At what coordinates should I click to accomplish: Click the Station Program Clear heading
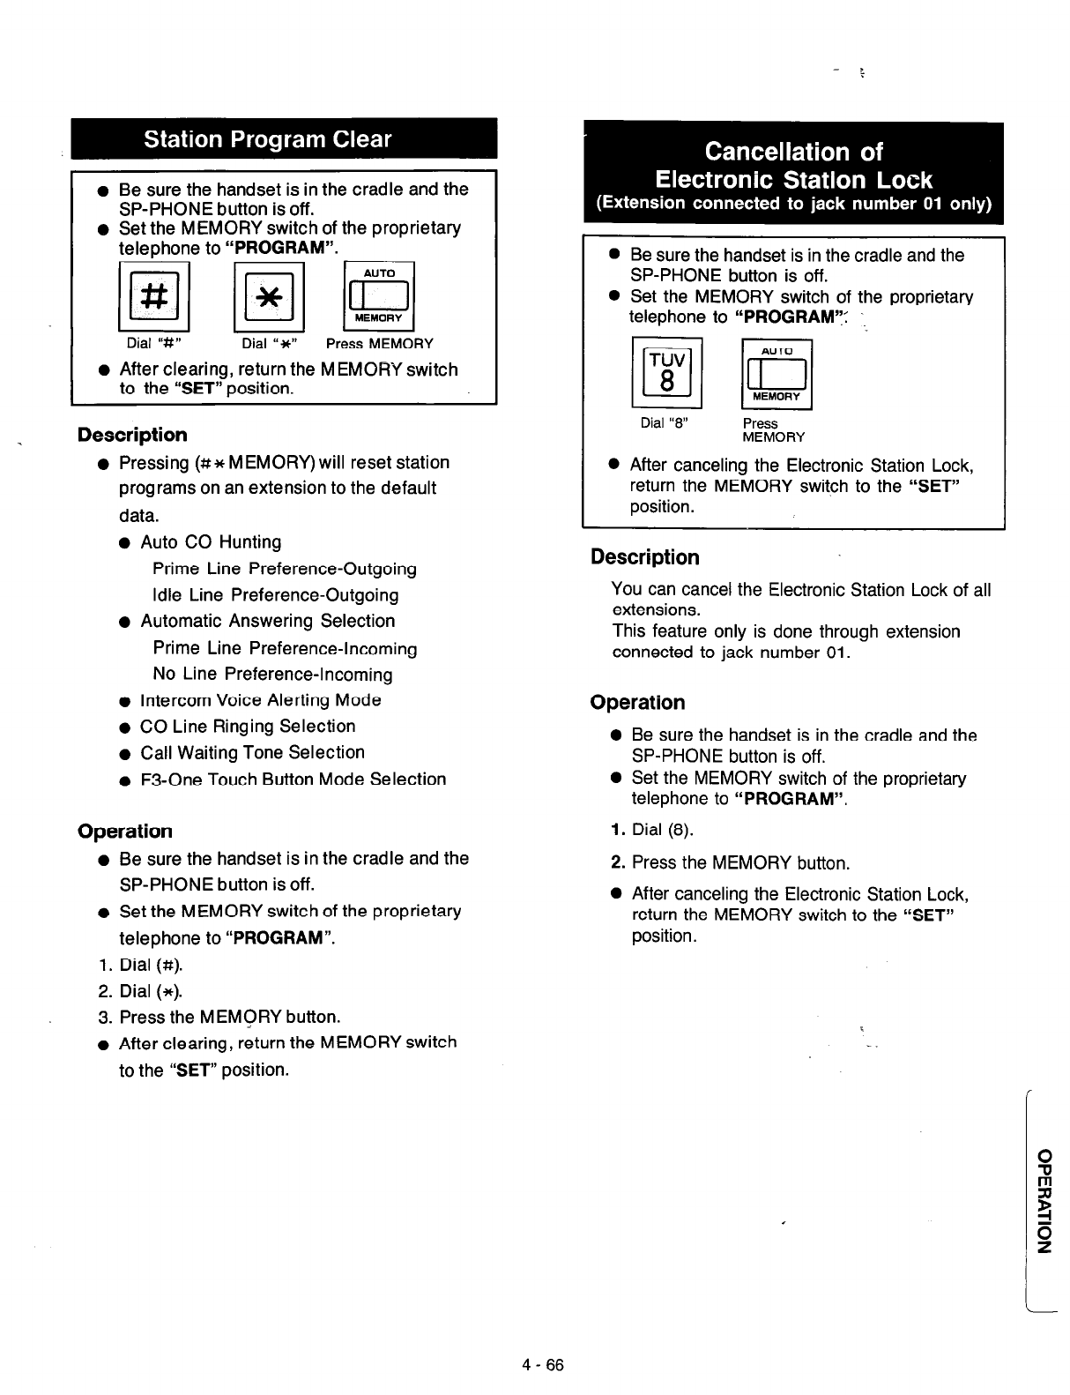pos(267,139)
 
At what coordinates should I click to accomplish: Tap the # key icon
pos(154,296)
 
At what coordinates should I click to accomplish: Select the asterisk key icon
pos(268,297)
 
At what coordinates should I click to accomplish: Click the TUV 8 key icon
pos(666,372)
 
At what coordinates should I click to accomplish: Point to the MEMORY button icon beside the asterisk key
pos(378,296)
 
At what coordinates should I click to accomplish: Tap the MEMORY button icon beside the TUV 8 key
pos(776,374)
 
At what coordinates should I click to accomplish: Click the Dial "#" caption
pos(153,344)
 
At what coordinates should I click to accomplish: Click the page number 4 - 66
pos(541,1365)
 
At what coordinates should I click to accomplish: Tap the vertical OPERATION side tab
pos(1044,1199)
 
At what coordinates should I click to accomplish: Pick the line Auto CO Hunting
pos(211,542)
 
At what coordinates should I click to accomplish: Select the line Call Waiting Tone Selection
pos(252,753)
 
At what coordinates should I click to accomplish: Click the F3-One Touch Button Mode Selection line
pos(293,780)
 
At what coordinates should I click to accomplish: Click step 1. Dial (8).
pos(652,830)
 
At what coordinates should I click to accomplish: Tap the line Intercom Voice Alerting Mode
pos(260,700)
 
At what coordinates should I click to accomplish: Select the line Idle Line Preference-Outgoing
pos(275,595)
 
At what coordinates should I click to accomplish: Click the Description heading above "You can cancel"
pos(644,557)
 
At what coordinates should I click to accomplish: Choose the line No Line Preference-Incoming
pos(272,675)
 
